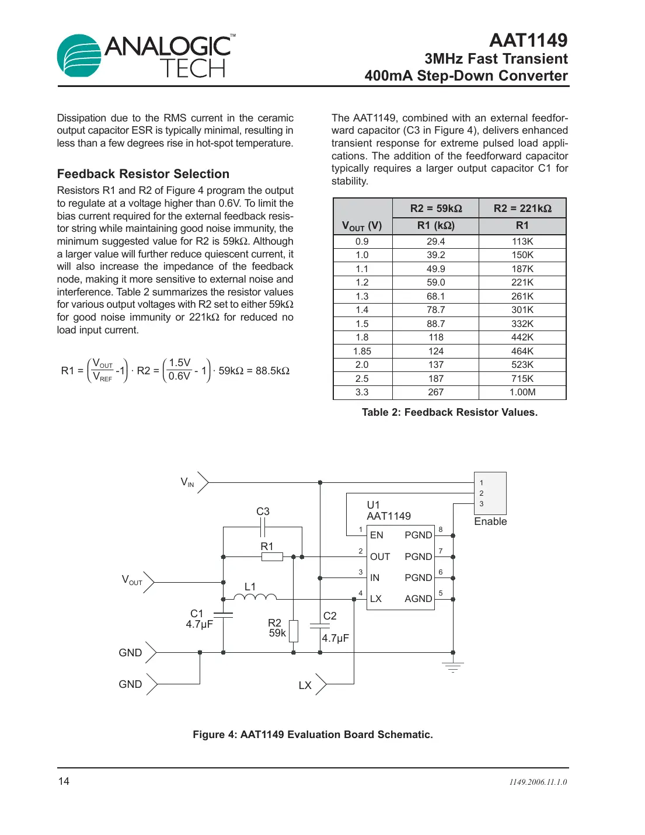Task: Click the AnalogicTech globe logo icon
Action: (79, 55)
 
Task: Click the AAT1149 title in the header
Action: (528, 40)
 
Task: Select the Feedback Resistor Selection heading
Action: (143, 174)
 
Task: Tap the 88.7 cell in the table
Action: (435, 323)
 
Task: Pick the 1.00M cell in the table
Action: (522, 392)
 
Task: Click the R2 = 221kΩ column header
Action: (522, 208)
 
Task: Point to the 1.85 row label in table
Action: (362, 351)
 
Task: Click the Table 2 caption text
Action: (449, 412)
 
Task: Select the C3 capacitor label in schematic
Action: (263, 512)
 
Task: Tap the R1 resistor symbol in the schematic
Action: (272, 557)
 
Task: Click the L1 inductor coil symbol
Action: (254, 597)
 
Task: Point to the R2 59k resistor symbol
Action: (294, 631)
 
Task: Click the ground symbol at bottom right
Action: (453, 667)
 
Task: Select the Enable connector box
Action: (490, 493)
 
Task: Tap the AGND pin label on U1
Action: (418, 599)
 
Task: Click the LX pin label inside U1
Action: (376, 599)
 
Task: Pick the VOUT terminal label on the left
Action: (132, 580)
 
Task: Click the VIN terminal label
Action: (187, 482)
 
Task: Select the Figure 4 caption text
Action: (313, 735)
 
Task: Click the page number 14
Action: (64, 781)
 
